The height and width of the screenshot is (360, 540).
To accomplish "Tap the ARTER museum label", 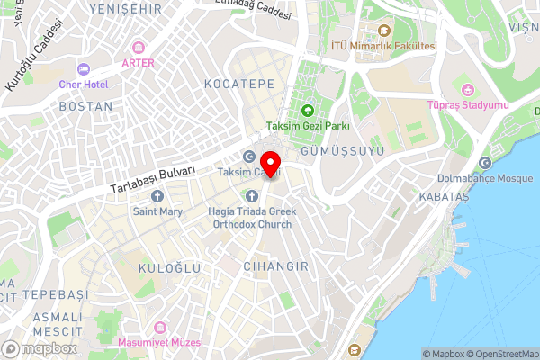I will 138,63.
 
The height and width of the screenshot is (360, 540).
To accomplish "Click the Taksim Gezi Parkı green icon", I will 307,111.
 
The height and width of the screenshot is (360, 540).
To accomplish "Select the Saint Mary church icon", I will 157,195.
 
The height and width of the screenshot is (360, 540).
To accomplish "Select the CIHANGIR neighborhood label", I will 275,266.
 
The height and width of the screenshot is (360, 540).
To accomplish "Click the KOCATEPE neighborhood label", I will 238,83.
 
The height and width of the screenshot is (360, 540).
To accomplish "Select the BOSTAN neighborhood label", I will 85,106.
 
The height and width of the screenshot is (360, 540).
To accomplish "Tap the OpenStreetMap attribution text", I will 500,354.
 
